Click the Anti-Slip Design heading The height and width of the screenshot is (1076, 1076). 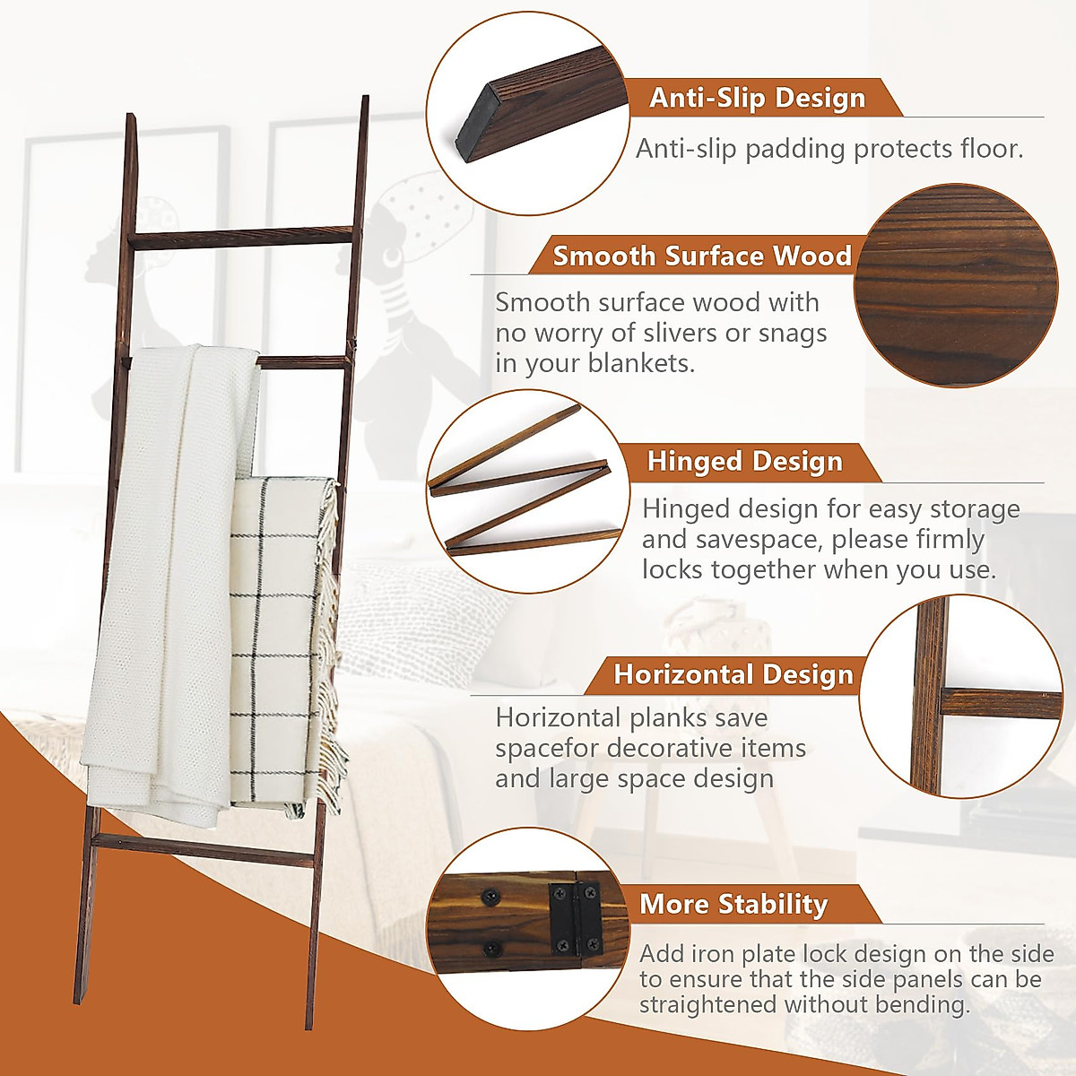click(758, 98)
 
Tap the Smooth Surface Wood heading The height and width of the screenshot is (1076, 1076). click(701, 256)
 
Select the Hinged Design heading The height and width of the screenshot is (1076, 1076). click(745, 462)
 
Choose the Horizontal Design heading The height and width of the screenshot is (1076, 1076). click(733, 674)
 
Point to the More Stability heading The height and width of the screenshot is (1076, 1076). click(733, 905)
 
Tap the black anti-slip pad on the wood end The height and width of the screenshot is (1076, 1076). click(473, 126)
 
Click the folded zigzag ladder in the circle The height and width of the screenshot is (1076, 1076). click(520, 484)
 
